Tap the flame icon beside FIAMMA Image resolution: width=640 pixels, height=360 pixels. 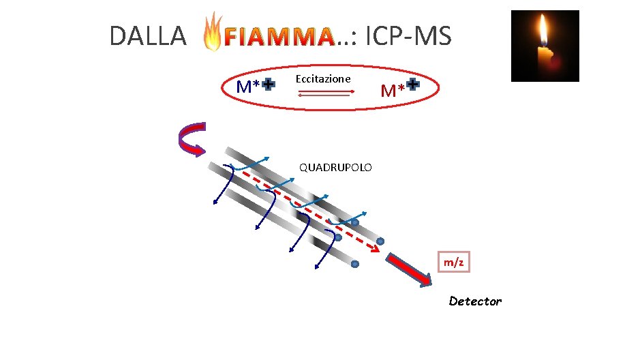pyautogui.click(x=213, y=32)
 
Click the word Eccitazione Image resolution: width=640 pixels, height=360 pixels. pyautogui.click(x=323, y=78)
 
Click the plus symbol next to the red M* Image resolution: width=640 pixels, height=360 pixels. pyautogui.click(x=412, y=87)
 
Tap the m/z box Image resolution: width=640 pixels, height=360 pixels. pyautogui.click(x=453, y=262)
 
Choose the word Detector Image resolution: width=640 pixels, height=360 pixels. pyautogui.click(x=475, y=301)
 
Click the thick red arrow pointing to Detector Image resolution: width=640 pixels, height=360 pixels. pyautogui.click(x=409, y=269)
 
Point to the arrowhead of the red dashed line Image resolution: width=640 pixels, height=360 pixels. pyautogui.click(x=374, y=249)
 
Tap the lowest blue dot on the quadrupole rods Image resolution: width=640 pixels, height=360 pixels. pyautogui.click(x=354, y=264)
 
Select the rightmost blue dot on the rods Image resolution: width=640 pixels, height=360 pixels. pyautogui.click(x=380, y=241)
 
